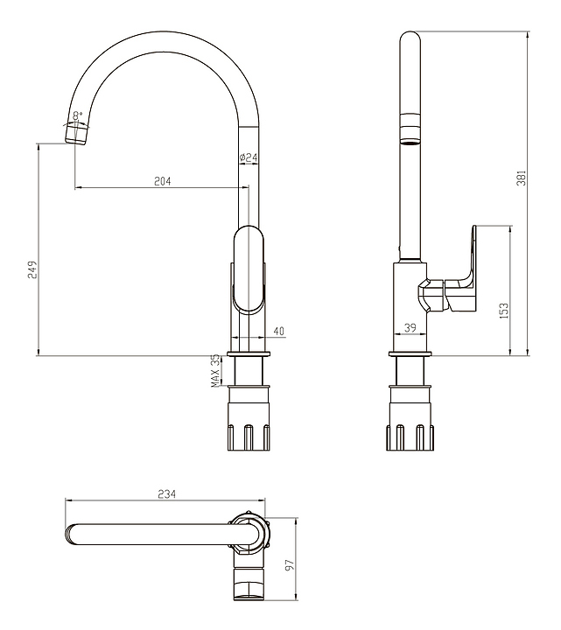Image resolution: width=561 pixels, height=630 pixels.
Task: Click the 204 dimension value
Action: click(163, 182)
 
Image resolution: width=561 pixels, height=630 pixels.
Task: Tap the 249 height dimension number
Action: click(32, 269)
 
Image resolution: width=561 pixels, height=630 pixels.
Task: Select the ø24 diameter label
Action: click(249, 157)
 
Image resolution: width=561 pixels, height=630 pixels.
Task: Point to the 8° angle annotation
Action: click(78, 115)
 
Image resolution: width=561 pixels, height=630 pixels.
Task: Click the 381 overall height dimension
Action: click(522, 178)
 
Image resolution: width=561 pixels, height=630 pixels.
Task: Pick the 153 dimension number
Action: click(504, 311)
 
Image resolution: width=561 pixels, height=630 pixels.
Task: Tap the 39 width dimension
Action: click(410, 328)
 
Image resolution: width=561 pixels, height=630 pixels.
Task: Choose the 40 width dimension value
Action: click(279, 331)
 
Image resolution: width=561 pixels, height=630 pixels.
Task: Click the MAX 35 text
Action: click(216, 371)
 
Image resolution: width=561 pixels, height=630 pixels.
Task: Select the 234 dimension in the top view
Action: click(167, 493)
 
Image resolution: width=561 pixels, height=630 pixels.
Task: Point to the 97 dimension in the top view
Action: click(291, 564)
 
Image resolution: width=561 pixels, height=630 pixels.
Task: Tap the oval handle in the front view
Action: click(249, 269)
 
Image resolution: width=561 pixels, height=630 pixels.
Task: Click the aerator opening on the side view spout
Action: click(410, 142)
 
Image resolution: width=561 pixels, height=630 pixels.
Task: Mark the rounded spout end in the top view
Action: click(69, 535)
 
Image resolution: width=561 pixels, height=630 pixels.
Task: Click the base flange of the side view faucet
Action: click(410, 354)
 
